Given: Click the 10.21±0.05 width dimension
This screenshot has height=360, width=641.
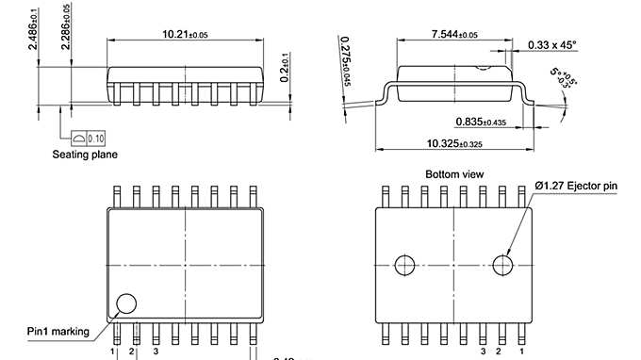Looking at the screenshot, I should (185, 34).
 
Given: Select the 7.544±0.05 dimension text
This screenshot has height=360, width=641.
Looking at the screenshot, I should (454, 34).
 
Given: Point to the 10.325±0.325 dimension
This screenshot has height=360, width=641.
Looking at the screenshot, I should (456, 144).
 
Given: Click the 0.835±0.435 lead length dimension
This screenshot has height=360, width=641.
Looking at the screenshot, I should (483, 122).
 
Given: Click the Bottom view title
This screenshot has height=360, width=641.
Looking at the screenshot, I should (454, 174).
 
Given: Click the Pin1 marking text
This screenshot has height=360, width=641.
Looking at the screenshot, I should (58, 331).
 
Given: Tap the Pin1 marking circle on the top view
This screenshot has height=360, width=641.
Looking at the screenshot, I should (125, 303).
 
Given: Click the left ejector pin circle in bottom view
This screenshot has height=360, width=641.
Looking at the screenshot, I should (405, 264).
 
